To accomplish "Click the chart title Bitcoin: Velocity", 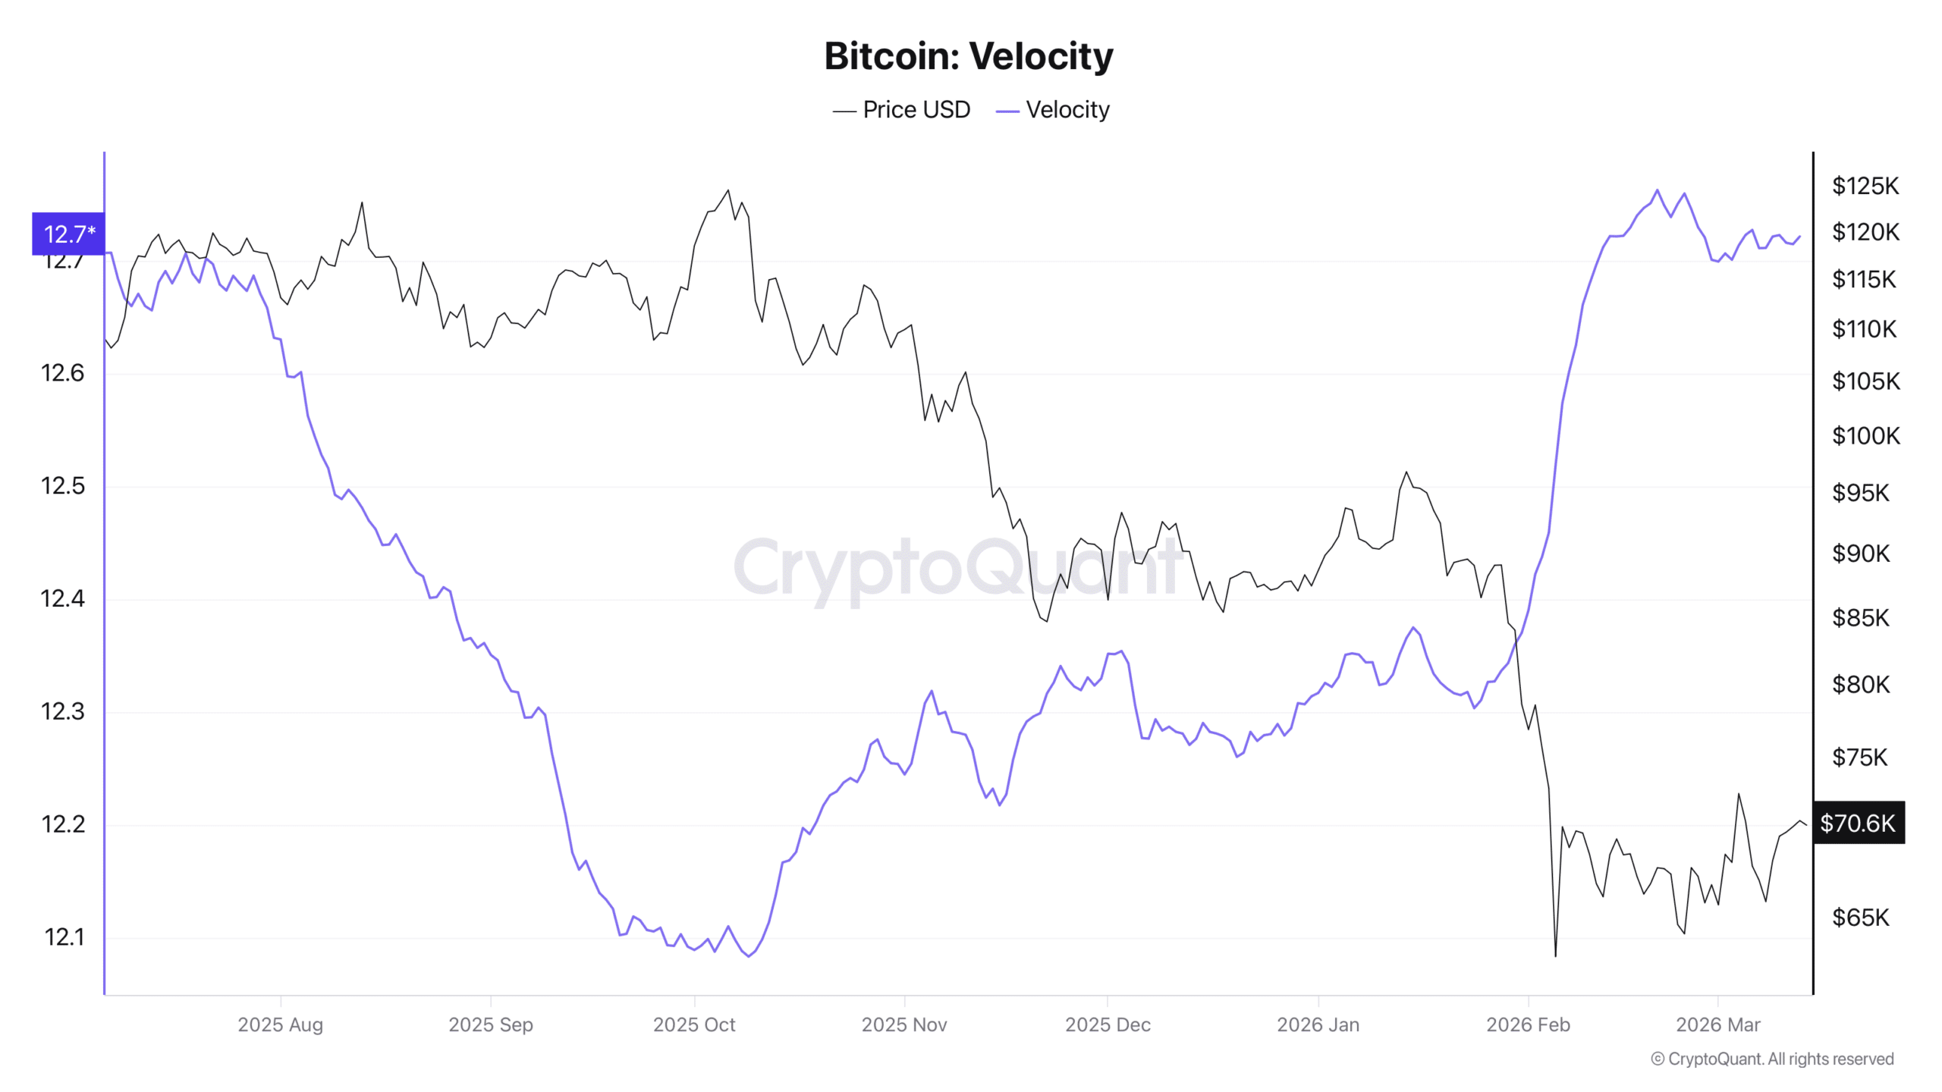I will (969, 56).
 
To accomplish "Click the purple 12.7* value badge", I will (68, 234).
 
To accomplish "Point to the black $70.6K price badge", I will (1858, 823).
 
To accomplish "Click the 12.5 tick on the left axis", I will (63, 485).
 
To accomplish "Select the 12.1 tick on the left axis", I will (65, 937).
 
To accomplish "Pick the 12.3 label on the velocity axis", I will (63, 711).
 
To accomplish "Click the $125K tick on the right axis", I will (1865, 186).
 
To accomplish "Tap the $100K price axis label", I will (1865, 436).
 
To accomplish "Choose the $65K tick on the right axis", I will (1860, 918).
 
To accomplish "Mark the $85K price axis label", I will (1860, 618).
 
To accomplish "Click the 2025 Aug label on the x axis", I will (280, 1025).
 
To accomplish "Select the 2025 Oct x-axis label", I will (694, 1025).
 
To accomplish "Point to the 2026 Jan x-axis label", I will (1318, 1025).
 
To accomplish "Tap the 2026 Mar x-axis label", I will (1717, 1025).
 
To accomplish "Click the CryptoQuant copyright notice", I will (1772, 1059).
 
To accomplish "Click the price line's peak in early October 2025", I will (728, 190).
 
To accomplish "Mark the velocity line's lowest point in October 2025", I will (749, 956).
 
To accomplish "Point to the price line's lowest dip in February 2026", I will (1555, 955).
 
